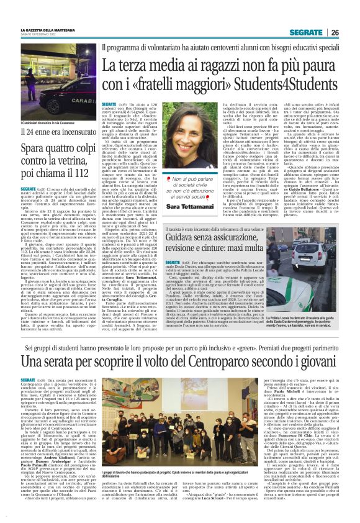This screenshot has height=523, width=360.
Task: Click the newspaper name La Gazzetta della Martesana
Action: tap(50, 30)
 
